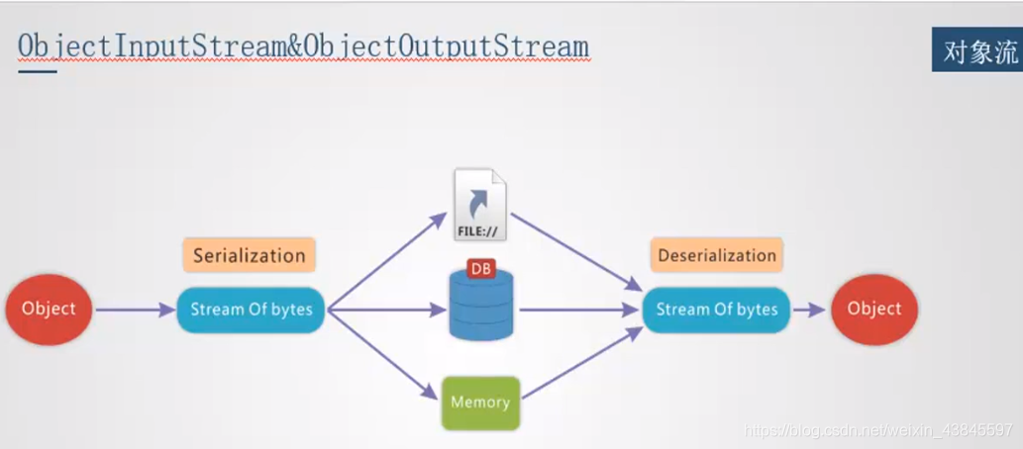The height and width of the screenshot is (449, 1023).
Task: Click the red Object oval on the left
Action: (49, 309)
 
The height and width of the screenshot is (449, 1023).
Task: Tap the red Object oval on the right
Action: (874, 309)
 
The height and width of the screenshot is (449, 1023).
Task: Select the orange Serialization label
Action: (249, 255)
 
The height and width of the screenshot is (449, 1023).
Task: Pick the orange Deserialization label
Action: (717, 255)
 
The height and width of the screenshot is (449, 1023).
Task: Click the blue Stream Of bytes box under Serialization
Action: (252, 310)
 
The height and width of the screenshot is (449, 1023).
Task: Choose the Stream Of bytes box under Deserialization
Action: (717, 310)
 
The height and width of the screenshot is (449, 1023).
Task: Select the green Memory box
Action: (480, 403)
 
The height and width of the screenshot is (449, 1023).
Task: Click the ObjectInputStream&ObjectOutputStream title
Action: (303, 47)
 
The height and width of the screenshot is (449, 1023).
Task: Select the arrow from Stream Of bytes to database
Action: (386, 311)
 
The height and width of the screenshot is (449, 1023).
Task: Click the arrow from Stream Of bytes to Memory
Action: (387, 358)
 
